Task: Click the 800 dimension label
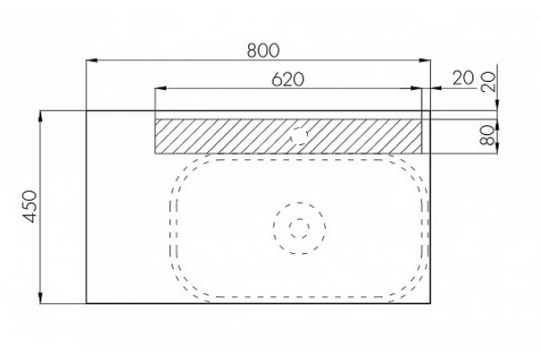point(263,50)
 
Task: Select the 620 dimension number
point(288,79)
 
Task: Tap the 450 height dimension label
point(30,206)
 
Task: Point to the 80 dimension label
point(488,135)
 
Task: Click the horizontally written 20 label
point(463,78)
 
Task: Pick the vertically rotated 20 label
point(489,82)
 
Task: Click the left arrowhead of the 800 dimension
point(92,60)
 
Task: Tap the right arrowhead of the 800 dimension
point(425,60)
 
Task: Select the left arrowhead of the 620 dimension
point(161,88)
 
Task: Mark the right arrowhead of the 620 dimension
point(416,88)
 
